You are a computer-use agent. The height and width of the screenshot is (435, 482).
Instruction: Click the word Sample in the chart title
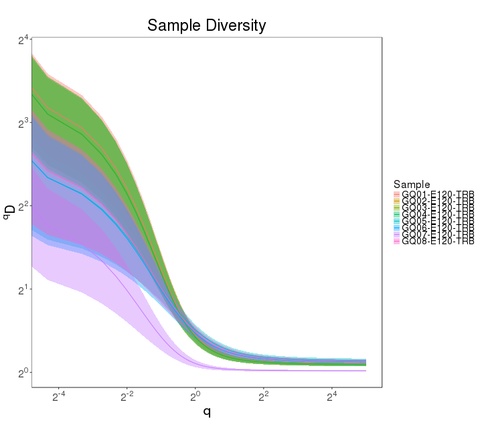tap(170, 25)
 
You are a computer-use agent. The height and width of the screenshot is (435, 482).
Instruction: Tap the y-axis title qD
tap(9, 213)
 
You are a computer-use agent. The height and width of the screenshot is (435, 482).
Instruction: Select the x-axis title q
tap(207, 412)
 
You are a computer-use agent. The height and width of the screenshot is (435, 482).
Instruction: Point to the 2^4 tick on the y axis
tap(23, 41)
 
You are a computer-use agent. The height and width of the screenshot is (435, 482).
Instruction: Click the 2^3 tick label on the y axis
tap(23, 124)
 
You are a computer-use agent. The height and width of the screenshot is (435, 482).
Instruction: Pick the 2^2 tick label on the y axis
tap(23, 207)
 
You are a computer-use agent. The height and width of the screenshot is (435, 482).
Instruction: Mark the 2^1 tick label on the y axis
tap(23, 290)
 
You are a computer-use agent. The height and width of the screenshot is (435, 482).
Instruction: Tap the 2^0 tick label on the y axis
tap(23, 373)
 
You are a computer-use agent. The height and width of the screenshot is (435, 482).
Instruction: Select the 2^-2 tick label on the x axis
tap(127, 398)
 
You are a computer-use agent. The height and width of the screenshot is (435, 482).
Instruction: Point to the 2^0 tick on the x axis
tap(195, 398)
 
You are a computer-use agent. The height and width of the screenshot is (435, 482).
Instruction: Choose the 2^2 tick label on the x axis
tap(264, 398)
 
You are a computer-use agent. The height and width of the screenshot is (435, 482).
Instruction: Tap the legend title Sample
tap(412, 184)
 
